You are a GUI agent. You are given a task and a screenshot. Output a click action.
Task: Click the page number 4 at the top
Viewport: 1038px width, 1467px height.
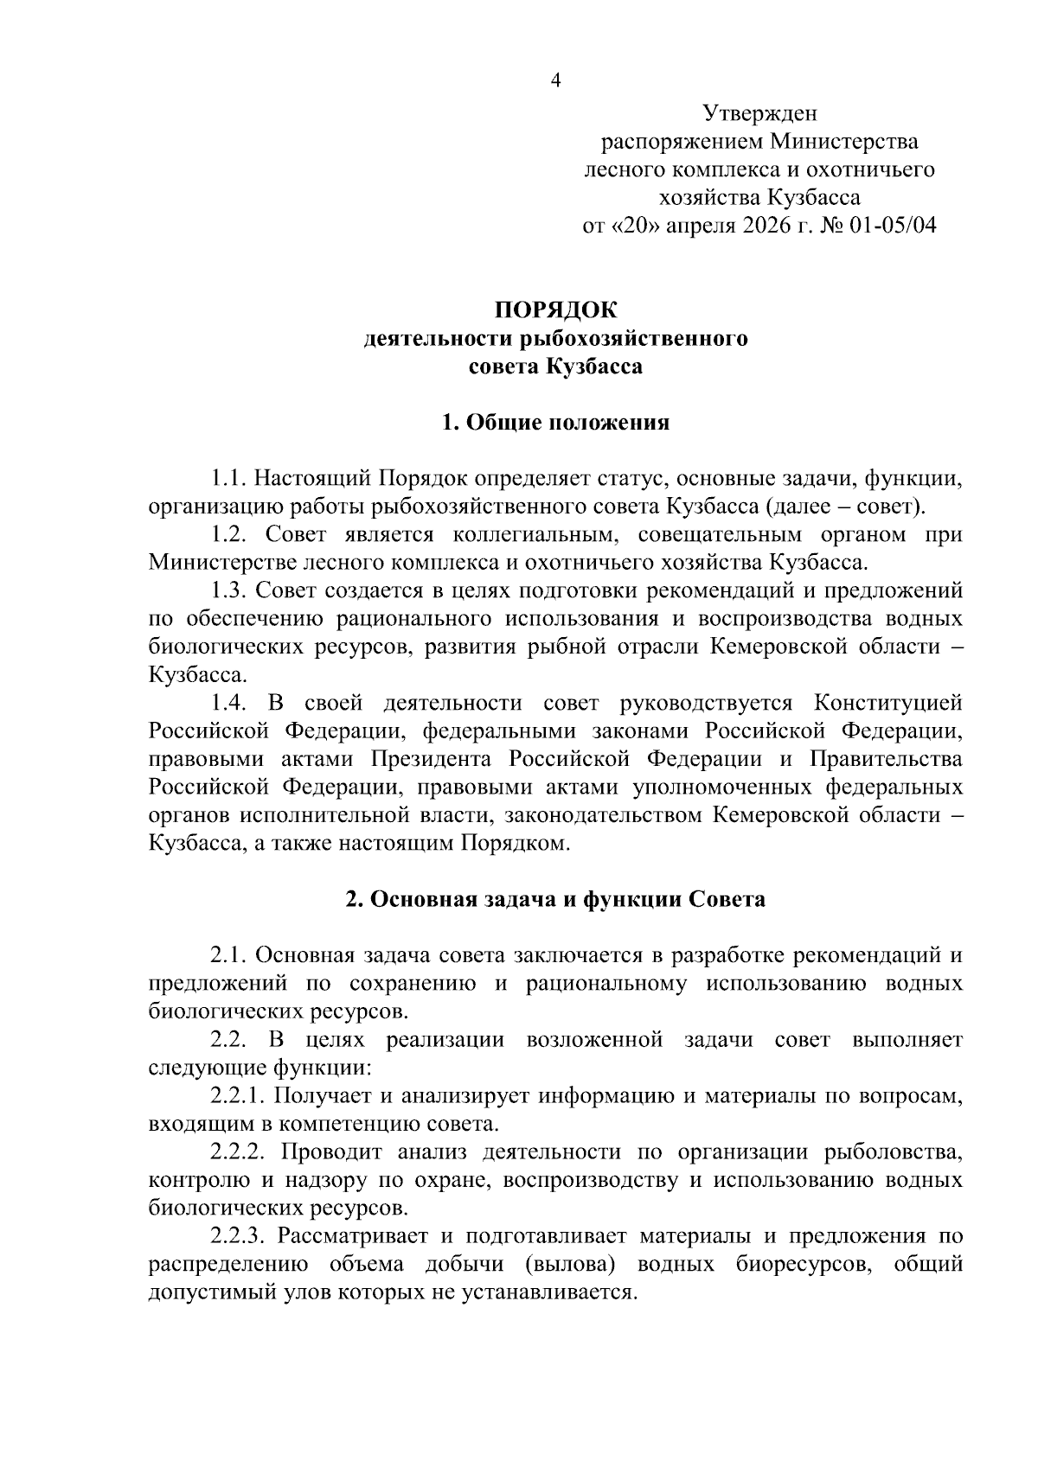click(556, 81)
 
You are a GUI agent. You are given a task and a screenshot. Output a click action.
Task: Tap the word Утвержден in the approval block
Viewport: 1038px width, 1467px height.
click(759, 113)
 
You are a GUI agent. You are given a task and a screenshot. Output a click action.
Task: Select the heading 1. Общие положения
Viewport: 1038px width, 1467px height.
click(556, 423)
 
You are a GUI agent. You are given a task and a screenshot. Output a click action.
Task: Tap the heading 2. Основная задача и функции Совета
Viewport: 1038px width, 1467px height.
click(556, 899)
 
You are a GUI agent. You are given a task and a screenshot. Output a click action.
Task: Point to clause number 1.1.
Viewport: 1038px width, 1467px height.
click(230, 478)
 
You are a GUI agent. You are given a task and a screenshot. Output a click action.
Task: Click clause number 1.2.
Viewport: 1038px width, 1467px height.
click(230, 534)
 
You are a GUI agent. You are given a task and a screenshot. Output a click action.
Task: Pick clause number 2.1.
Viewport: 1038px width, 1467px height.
click(230, 955)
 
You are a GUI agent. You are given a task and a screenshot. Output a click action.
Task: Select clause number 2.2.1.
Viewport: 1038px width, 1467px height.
click(239, 1096)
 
